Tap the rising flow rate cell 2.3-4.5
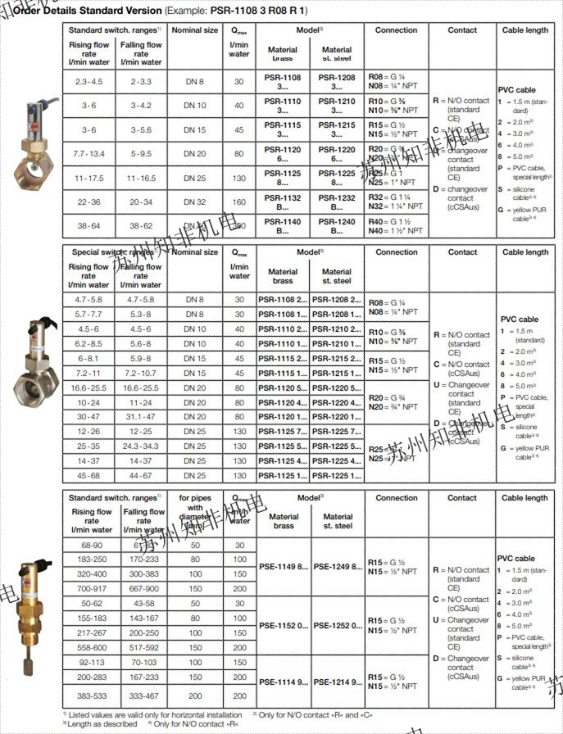click(x=89, y=82)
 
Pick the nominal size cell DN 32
click(x=195, y=202)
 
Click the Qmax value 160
click(x=238, y=202)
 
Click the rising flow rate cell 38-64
click(x=89, y=225)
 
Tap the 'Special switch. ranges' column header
click(x=116, y=252)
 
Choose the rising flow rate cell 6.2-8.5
click(x=89, y=344)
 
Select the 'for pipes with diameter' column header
click(x=195, y=511)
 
